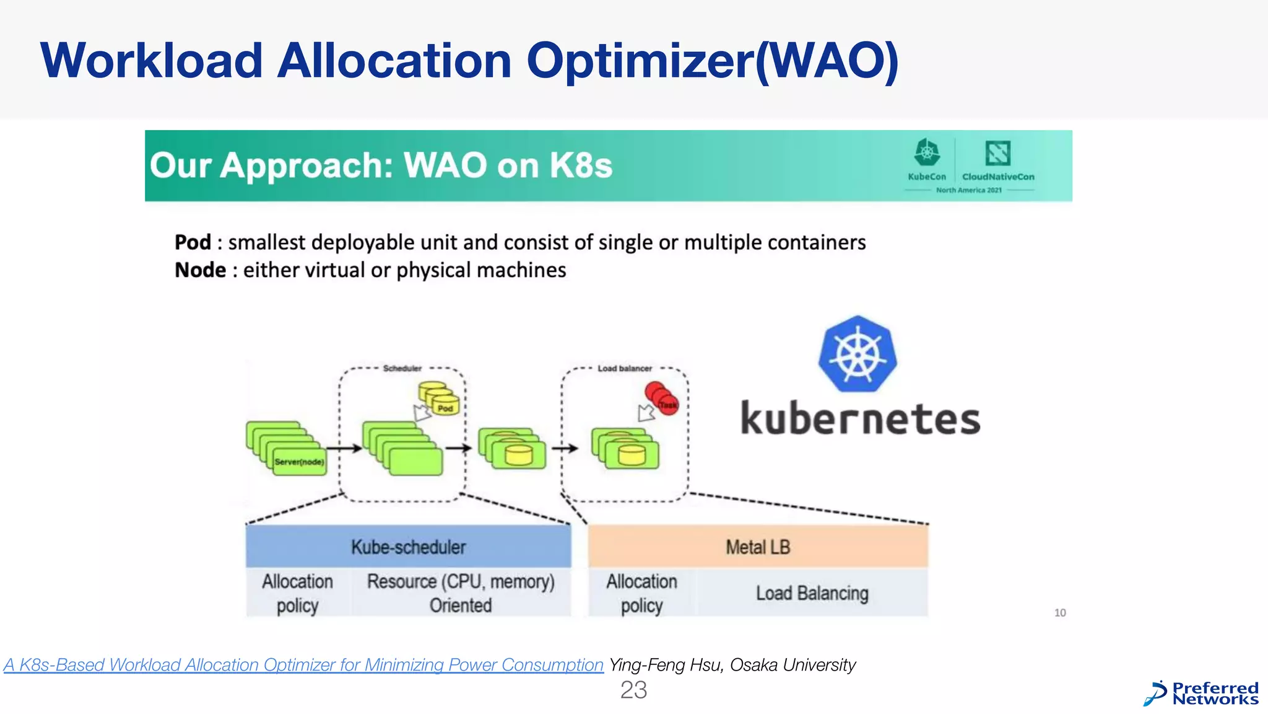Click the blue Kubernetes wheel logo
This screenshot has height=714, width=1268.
858,355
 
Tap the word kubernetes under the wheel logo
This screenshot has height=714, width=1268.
861,419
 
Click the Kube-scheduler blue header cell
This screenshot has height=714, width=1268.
408,547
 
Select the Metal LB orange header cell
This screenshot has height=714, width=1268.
758,547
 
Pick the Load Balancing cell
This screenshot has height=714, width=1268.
812,593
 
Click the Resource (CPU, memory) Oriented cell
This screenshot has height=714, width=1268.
461,593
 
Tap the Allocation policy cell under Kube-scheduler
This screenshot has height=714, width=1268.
298,593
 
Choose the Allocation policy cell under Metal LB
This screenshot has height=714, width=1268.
641,593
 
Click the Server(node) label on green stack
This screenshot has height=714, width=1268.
300,462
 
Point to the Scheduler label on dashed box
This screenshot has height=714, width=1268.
402,368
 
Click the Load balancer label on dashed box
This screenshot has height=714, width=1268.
624,368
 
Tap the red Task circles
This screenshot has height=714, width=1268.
662,398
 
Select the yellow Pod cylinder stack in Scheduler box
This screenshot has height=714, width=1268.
439,397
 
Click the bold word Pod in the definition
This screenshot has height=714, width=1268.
193,242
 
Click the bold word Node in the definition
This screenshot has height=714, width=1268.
200,270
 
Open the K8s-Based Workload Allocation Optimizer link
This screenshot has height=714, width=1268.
303,664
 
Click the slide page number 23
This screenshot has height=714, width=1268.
633,690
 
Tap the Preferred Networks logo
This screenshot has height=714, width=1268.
1201,694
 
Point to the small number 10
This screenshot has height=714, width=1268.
1060,612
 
